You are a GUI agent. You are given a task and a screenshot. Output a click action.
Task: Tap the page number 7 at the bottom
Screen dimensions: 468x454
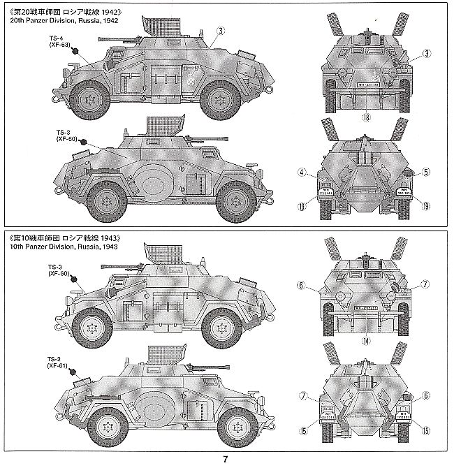pos(226,459)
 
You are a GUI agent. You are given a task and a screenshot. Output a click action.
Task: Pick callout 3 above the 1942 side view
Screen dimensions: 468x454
pos(221,31)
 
